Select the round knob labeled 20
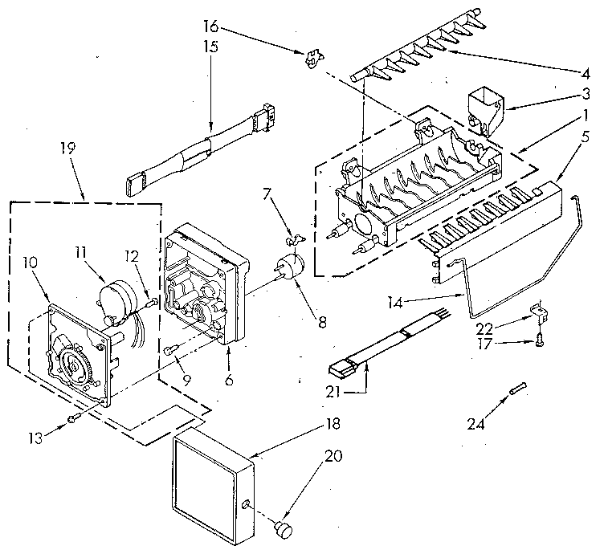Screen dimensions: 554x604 click(x=283, y=527)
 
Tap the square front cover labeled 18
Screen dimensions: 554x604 click(x=212, y=477)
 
